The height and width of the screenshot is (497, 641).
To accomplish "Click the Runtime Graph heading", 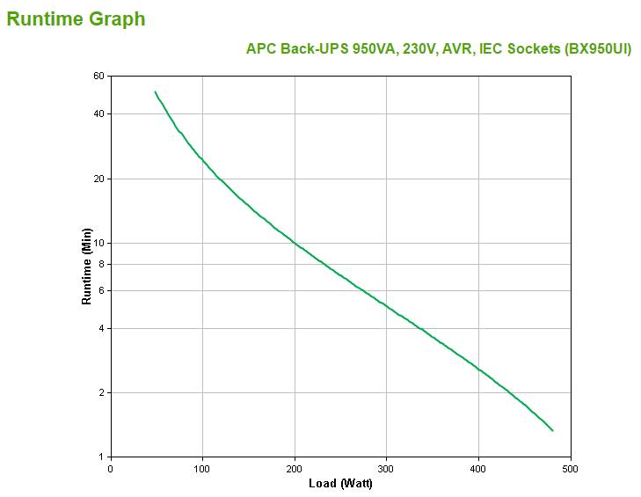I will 76,18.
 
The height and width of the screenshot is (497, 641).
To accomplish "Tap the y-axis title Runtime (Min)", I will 87,266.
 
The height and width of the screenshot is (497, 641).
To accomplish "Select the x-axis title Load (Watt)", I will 340,483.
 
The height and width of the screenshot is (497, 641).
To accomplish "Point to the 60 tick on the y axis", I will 98,77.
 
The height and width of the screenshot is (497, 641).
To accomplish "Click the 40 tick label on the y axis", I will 98,114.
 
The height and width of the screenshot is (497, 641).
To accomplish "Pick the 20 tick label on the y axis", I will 98,179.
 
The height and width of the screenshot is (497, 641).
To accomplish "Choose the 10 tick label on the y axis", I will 98,244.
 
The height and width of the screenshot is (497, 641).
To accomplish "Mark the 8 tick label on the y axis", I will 101,264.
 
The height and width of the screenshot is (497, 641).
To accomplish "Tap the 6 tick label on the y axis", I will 101,290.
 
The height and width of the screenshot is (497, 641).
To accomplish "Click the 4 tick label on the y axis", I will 101,329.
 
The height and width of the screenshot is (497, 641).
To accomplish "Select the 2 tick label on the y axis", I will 101,393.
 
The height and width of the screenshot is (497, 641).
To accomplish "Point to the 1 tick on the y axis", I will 101,457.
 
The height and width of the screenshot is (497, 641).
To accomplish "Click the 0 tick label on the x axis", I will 110,468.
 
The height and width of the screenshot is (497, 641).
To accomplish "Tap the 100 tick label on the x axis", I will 202,468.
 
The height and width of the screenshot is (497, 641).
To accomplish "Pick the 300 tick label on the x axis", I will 386,468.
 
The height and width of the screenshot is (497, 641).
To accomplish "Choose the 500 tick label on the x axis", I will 571,468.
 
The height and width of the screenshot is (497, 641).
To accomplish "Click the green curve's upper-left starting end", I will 156,91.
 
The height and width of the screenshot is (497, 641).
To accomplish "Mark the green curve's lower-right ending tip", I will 552,430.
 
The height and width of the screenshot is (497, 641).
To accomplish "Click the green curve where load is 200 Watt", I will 295,244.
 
